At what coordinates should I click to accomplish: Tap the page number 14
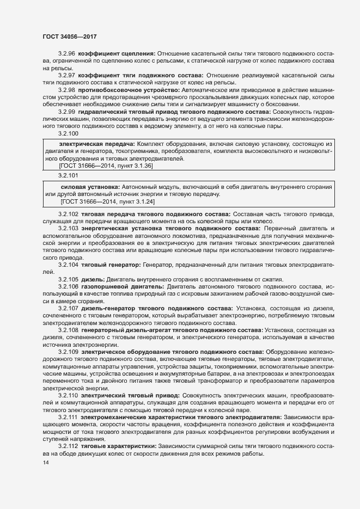coord(45,463)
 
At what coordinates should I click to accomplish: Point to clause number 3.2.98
coord(66,89)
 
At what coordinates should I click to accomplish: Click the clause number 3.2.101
coord(68,175)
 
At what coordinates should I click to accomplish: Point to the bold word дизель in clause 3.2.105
coord(93,279)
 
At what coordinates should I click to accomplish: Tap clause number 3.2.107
coord(68,308)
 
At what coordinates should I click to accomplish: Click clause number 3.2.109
coord(68,352)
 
